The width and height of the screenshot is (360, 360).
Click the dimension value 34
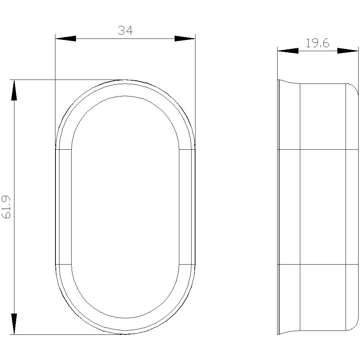point(125,31)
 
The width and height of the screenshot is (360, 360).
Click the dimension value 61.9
point(7,207)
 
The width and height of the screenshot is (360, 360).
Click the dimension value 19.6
point(318,44)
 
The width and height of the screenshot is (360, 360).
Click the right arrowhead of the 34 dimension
point(185,39)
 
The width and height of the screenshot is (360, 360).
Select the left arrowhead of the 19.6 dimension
point(288,51)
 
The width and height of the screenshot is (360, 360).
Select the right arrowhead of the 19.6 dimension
point(347,51)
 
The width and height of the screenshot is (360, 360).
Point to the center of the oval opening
point(125,207)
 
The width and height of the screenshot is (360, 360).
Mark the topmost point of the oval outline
point(125,80)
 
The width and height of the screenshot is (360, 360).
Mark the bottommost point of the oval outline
point(125,334)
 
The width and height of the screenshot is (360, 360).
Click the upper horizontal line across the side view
point(317,149)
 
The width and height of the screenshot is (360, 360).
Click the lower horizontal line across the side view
point(317,265)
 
